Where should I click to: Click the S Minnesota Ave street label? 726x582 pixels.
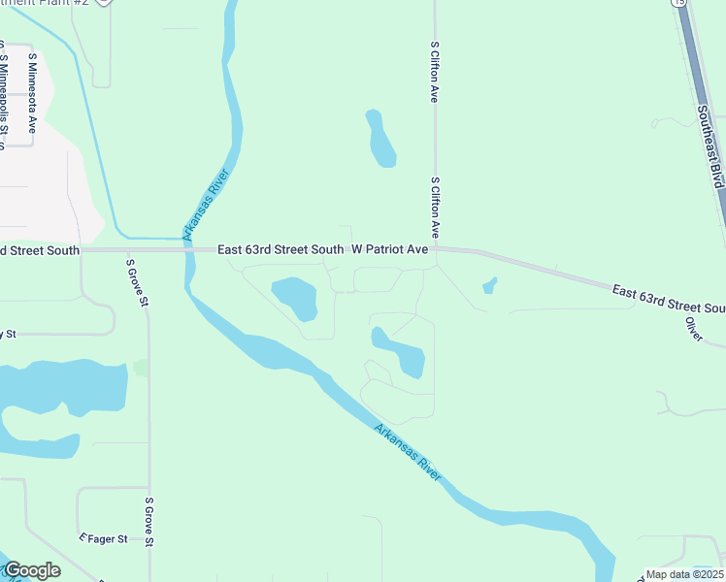tap(32, 92)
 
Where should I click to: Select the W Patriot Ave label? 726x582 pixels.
tap(389, 249)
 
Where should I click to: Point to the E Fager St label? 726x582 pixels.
tap(103, 538)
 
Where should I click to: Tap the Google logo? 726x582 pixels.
tap(32, 570)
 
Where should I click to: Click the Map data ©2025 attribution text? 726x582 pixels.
tap(684, 574)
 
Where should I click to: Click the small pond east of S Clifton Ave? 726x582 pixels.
tap(489, 285)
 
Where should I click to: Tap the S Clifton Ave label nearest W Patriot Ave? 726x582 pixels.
tap(436, 209)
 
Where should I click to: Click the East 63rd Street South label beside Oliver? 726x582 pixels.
tap(669, 299)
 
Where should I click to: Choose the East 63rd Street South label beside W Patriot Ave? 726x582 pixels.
tap(280, 249)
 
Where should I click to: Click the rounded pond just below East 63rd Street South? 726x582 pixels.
tap(295, 298)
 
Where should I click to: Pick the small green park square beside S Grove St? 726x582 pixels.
tap(141, 368)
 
